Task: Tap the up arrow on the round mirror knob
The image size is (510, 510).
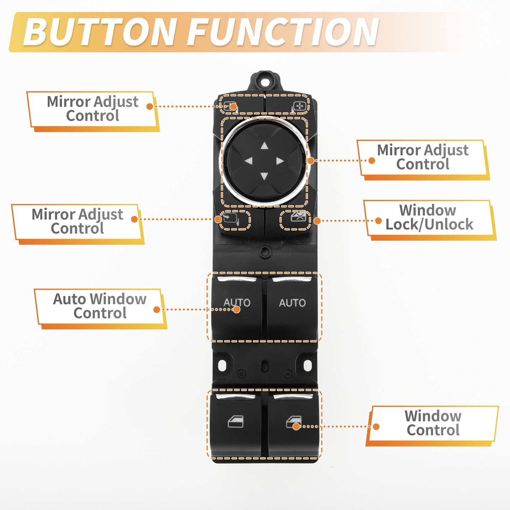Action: tap(264, 145)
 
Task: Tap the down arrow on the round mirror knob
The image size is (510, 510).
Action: tap(264, 176)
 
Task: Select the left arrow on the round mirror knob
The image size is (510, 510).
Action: tap(248, 160)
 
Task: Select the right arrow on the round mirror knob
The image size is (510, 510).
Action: tap(280, 161)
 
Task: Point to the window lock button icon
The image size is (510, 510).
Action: tap(299, 216)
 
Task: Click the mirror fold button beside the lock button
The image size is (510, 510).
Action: tap(231, 219)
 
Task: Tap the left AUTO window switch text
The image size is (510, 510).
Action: tap(237, 303)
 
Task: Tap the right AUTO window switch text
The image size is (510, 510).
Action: tap(292, 303)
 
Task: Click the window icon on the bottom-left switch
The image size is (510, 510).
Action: tap(235, 422)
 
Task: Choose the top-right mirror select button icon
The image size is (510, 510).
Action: tap(299, 107)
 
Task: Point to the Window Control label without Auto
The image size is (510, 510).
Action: tap(432, 424)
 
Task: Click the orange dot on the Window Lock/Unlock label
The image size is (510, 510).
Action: tap(378, 221)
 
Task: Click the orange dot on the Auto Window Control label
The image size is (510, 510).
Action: tap(157, 310)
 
